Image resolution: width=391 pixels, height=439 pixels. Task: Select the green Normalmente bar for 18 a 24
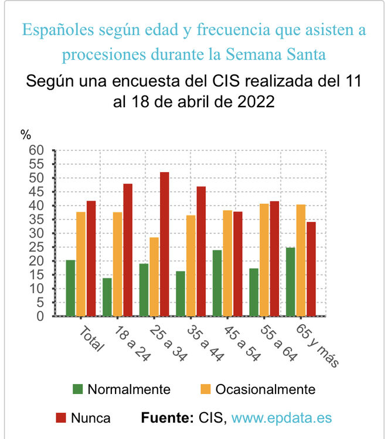point(107,297)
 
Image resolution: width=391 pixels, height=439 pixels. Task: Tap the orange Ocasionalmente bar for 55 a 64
point(264,260)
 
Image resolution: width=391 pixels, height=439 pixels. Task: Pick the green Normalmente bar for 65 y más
point(291,282)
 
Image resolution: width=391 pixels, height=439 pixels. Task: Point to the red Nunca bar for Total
point(91,258)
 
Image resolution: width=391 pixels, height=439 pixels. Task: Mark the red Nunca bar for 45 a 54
point(237,263)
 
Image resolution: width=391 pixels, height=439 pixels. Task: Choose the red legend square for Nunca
point(61,418)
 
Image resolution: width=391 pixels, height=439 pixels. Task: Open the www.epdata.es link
point(281,418)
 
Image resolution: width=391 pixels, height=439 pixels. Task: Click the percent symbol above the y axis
point(26,135)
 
